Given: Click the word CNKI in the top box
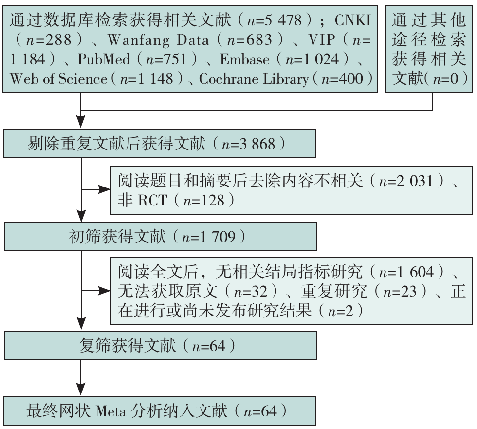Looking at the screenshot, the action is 352,20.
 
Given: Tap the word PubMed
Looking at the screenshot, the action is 104,59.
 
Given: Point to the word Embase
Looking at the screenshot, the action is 244,59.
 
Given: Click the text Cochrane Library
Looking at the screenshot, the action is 254,79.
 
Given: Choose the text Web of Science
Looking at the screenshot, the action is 58,79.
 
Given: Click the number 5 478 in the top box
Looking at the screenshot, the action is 283,20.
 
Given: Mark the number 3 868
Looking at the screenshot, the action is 257,144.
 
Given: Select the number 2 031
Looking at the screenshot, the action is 414,181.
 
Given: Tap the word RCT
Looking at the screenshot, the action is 153,200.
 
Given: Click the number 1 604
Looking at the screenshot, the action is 415,271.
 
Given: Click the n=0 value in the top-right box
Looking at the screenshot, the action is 446,79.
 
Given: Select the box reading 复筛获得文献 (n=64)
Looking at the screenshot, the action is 160,346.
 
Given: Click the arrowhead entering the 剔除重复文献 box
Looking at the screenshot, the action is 81,122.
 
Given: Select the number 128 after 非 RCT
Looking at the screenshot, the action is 213,200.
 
